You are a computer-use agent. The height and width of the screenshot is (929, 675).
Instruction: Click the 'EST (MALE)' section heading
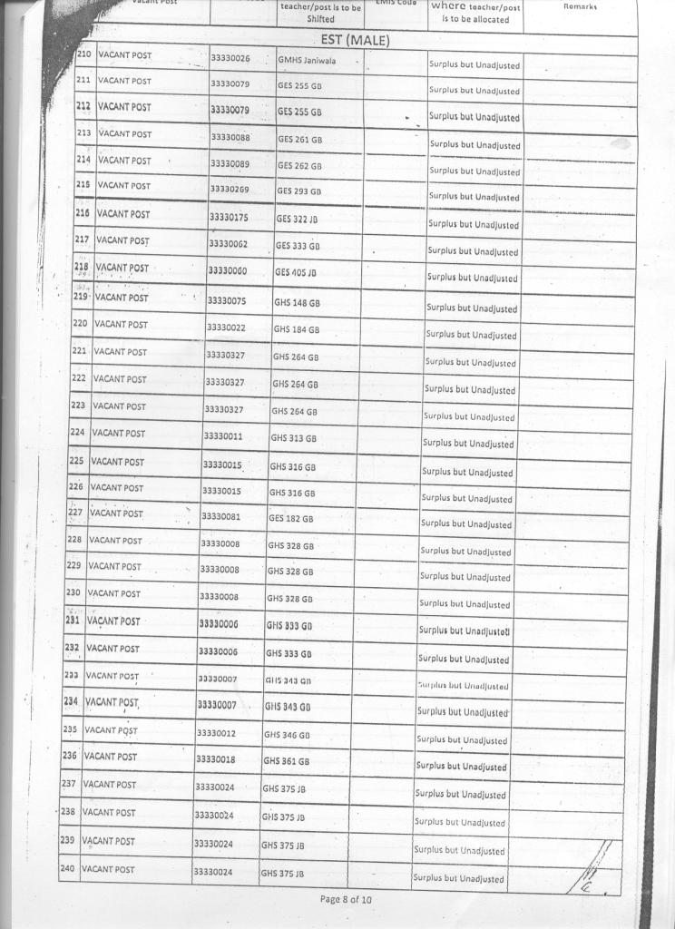355,40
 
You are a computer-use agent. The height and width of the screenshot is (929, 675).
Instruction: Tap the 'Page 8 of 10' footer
346,899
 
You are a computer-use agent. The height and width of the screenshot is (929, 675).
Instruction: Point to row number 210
83,55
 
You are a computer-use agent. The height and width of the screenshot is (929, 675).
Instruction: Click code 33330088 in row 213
230,138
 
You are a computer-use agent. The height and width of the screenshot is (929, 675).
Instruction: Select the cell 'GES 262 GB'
299,166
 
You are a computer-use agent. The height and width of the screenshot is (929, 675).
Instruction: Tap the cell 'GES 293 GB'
298,191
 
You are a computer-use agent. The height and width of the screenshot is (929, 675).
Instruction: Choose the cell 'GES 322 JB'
298,219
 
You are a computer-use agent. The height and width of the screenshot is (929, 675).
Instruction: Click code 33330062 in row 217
228,244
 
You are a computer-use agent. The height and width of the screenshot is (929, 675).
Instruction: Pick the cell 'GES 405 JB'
296,272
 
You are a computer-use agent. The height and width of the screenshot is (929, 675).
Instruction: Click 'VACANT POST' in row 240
108,869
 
